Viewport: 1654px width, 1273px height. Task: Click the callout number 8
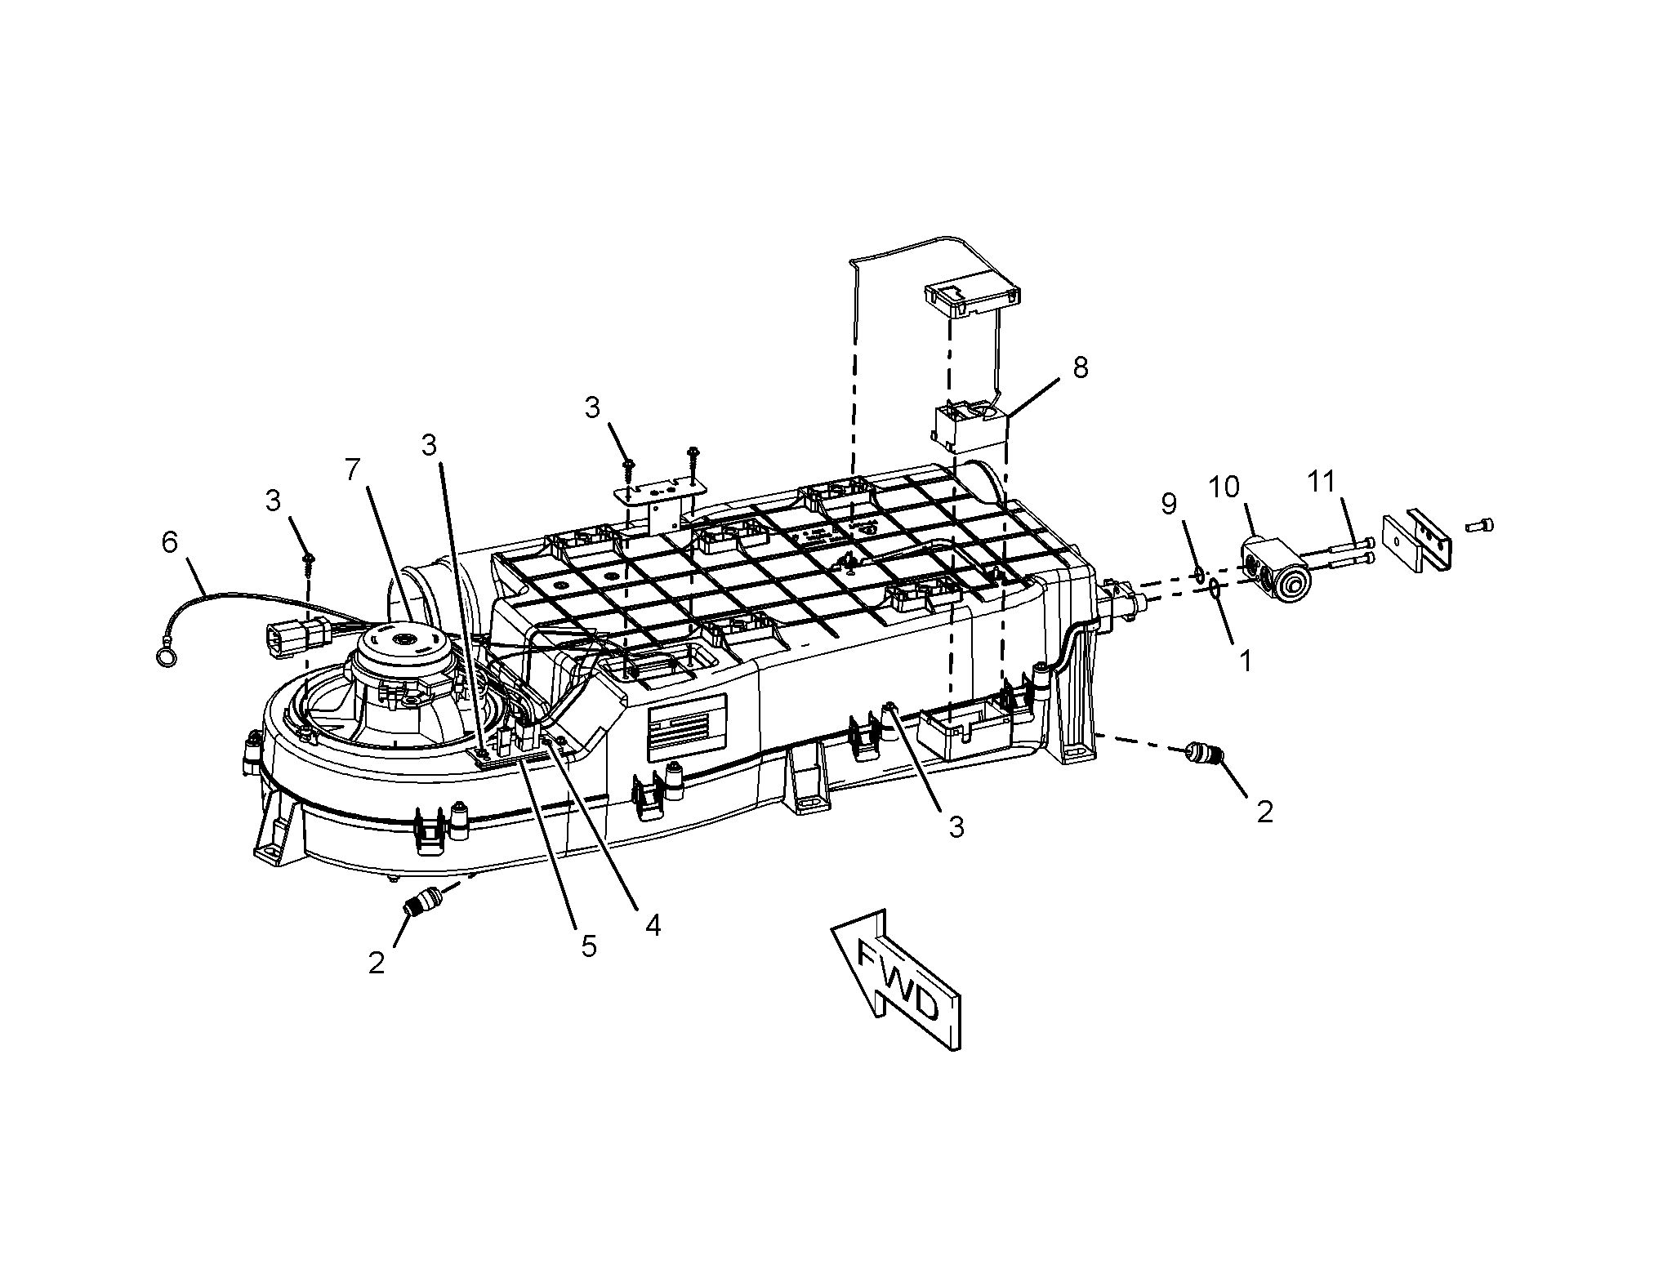tap(1080, 367)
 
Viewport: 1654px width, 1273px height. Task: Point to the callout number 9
tap(1169, 504)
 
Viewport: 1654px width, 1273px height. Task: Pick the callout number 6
tap(169, 542)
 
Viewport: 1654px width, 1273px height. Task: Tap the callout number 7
tap(352, 470)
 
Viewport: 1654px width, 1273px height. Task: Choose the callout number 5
tap(589, 946)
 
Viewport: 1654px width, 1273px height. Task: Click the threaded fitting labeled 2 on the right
tap(1202, 752)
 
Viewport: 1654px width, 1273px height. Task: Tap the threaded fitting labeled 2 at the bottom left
tap(425, 901)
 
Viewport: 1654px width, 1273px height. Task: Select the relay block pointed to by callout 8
tap(971, 424)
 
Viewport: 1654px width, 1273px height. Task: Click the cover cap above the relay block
tap(973, 299)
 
